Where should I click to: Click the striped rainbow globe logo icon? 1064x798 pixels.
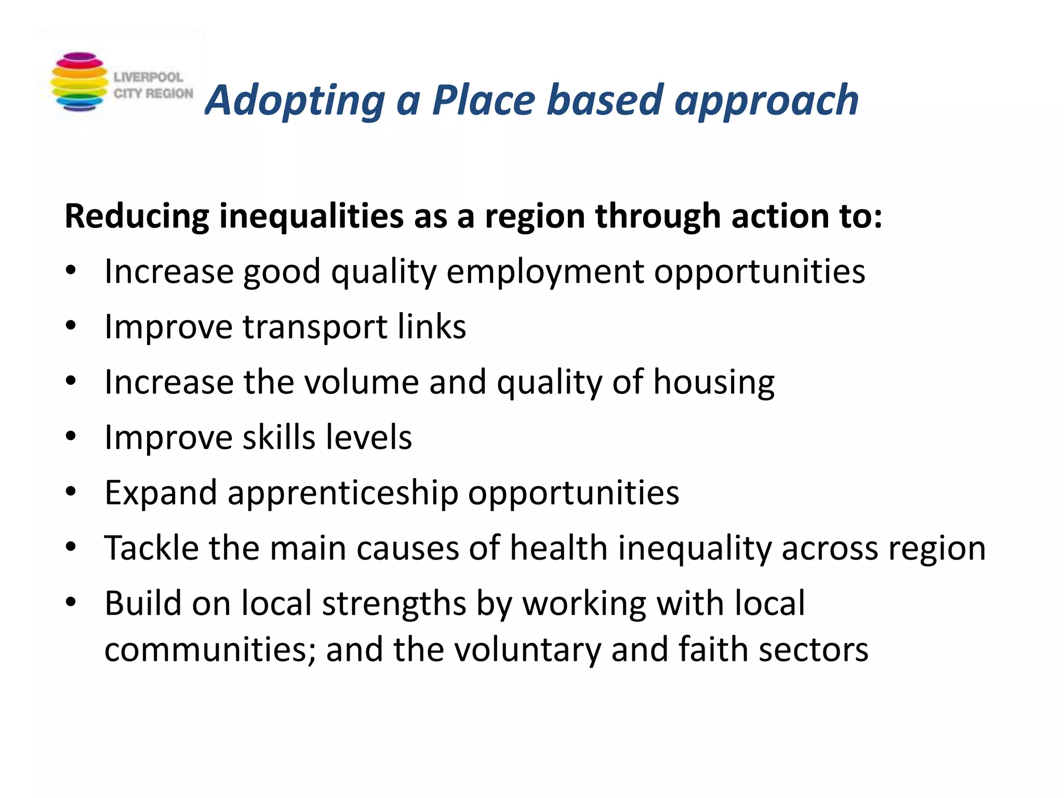tap(79, 82)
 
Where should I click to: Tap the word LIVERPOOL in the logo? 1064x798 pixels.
tap(148, 77)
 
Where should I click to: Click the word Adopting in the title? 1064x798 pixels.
tap(295, 101)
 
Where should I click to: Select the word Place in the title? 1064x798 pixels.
tap(484, 100)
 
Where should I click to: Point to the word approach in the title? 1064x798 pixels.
tap(766, 101)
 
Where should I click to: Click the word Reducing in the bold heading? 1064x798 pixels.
tap(137, 216)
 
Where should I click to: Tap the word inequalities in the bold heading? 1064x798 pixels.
tap(311, 216)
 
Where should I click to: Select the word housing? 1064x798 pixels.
tap(714, 383)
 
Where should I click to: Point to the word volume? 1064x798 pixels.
tap(361, 382)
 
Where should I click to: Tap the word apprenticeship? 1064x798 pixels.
tap(343, 494)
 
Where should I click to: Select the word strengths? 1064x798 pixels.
tap(394, 604)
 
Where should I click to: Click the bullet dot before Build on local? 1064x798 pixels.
tap(71, 603)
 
